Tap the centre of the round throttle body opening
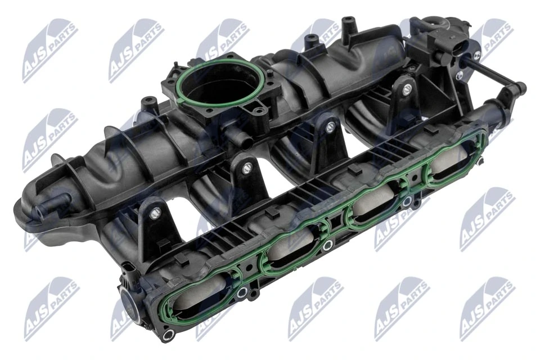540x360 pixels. coord(220,89)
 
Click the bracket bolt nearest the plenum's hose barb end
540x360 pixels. coord(156,213)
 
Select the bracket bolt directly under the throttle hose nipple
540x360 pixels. coord(246,167)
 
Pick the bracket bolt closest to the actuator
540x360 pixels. coord(405,88)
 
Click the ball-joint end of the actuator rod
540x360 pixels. coord(519,88)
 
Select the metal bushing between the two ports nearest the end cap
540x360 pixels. coord(242,292)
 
